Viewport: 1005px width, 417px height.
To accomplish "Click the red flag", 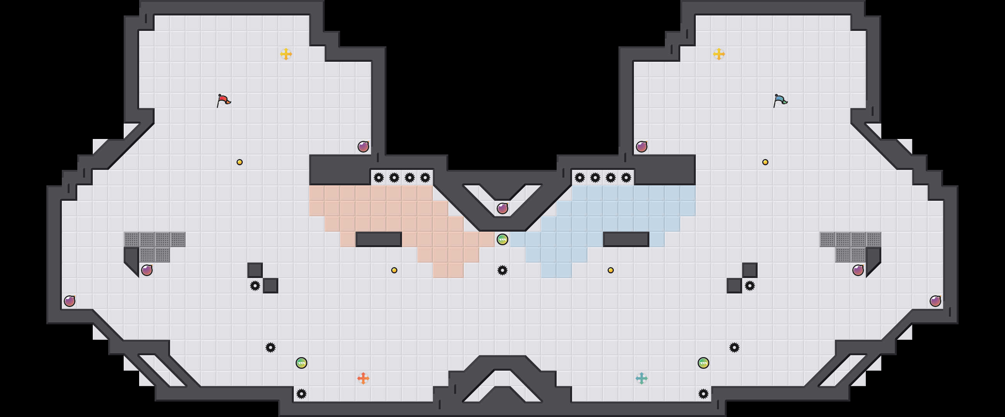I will pos(223,100).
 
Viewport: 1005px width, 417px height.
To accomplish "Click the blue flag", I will pos(780,100).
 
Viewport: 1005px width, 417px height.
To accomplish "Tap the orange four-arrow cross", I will pos(363,378).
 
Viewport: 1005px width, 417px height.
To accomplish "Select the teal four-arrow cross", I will pos(641,378).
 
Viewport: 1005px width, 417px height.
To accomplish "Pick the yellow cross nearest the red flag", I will pos(286,54).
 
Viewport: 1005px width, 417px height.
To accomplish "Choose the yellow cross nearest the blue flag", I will pos(719,54).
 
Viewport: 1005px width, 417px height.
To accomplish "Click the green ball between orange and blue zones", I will pos(502,239).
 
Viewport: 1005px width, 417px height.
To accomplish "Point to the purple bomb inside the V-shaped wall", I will pos(502,208).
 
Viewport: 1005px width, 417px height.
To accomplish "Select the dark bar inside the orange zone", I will pos(378,239).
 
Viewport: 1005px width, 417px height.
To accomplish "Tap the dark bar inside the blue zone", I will pos(626,239).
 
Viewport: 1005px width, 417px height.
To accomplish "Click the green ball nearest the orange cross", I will pos(301,363).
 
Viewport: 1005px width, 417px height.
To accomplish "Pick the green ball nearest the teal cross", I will pos(703,363).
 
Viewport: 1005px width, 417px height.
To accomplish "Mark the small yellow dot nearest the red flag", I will pos(240,162).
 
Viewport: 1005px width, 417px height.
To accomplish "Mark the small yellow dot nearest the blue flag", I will pos(765,162).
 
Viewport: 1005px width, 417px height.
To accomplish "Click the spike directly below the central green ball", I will pos(502,270).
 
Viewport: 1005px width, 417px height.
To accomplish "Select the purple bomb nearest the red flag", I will pos(363,147).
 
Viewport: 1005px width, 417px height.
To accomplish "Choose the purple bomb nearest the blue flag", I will pos(641,147).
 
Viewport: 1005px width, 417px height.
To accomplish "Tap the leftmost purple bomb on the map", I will pos(70,301).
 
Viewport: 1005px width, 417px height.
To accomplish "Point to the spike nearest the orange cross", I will pos(301,393).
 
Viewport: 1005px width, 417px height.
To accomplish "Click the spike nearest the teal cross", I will pos(703,393).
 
